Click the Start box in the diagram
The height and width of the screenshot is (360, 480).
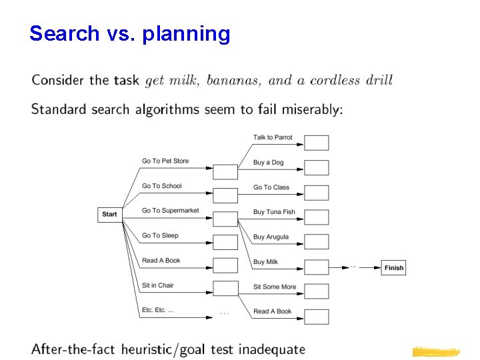click(109, 214)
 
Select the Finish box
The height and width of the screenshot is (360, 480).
click(393, 268)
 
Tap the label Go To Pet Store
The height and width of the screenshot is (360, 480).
click(165, 161)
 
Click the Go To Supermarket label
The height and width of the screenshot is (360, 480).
click(170, 211)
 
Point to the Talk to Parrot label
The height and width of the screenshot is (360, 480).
click(273, 137)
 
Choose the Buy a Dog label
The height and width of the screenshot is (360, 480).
click(268, 163)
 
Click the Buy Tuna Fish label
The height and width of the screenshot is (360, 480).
click(273, 212)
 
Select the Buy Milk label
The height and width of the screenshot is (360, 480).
click(265, 262)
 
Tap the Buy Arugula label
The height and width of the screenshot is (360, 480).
click(271, 237)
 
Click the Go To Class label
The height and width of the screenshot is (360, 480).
click(271, 187)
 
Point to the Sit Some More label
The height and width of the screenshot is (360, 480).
click(274, 287)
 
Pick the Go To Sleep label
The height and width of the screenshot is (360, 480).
click(160, 235)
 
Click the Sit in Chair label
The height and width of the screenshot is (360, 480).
click(157, 285)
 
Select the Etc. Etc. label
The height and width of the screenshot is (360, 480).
click(157, 310)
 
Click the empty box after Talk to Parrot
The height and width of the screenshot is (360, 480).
click(317, 143)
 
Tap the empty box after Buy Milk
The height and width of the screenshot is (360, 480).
click(317, 267)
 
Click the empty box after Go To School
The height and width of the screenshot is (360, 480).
click(225, 195)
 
